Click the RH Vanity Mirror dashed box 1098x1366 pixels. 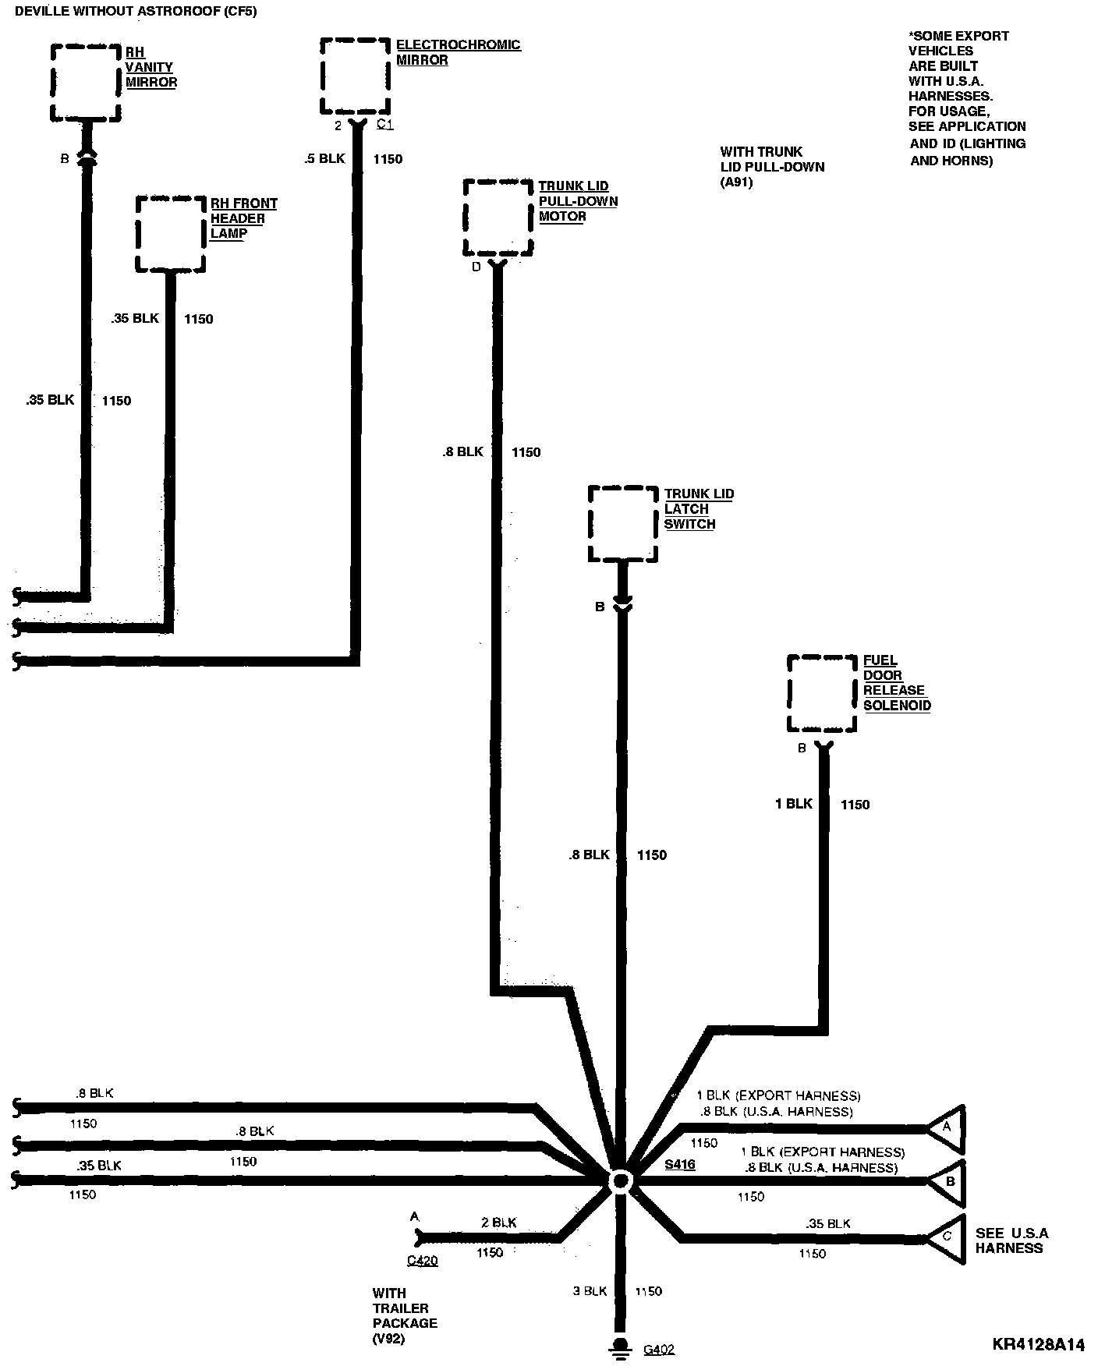point(86,83)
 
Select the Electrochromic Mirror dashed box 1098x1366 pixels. point(355,76)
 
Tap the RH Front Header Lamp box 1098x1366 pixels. point(171,234)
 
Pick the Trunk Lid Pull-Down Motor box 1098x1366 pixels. point(498,218)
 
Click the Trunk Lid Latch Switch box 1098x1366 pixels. point(622,524)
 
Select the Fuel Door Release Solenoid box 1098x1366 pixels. point(822,694)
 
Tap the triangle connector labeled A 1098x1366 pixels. point(947,1128)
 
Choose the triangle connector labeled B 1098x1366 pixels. point(949,1181)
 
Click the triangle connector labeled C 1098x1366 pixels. point(947,1237)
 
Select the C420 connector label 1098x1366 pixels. point(422,1261)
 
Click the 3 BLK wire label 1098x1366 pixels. point(590,1290)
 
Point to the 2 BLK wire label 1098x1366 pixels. point(498,1223)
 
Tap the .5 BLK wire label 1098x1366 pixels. point(324,159)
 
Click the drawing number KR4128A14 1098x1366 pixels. point(1038,1344)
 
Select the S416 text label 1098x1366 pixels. point(679,1165)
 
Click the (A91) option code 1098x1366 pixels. point(736,182)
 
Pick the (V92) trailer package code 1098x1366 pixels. point(389,1339)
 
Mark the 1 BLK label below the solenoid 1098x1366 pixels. point(794,804)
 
